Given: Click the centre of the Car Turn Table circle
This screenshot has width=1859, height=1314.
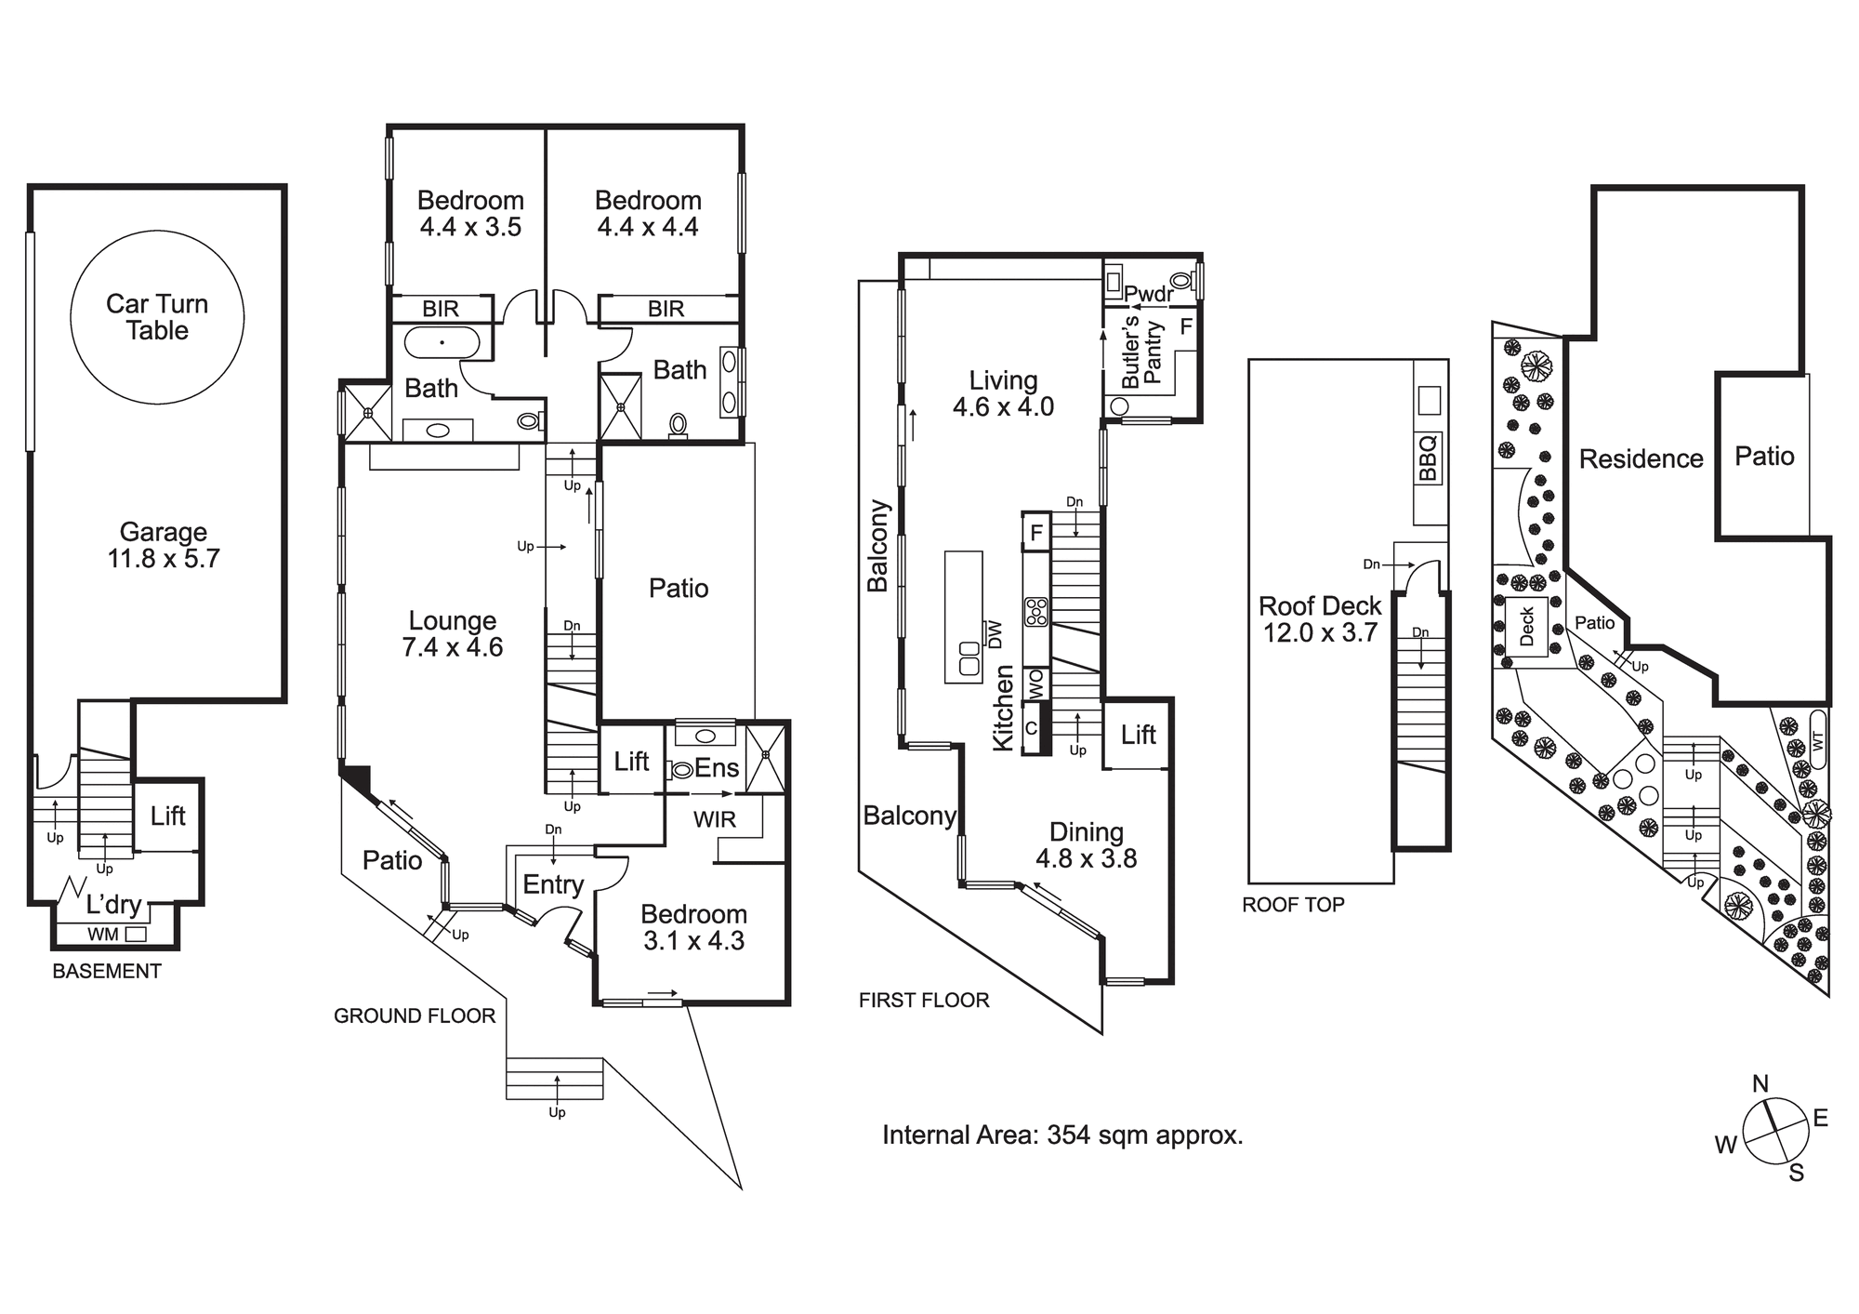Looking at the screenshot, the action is tap(157, 317).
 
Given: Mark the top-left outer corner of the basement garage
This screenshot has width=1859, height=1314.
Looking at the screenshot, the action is tap(29, 186).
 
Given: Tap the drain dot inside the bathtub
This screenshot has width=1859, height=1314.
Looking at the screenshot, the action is tap(442, 342).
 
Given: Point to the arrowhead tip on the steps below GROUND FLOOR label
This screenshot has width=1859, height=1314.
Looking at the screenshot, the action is tap(557, 1075).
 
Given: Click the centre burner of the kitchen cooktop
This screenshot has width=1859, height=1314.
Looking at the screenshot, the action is tap(1036, 612).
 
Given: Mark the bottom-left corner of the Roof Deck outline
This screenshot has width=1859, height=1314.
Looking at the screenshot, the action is tap(1248, 883).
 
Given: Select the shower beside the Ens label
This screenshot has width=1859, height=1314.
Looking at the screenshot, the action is tap(766, 758).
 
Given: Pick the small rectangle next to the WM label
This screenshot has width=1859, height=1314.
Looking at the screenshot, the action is tap(136, 935).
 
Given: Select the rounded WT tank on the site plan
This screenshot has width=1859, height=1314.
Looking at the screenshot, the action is tap(1818, 741).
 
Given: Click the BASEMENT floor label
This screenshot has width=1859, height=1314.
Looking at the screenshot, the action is tap(107, 972).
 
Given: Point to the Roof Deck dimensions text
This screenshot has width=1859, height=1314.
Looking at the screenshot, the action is tap(1320, 633).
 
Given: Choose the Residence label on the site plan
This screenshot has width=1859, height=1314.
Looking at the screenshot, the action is tap(1641, 458).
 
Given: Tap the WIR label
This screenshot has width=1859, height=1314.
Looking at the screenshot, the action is tap(715, 819).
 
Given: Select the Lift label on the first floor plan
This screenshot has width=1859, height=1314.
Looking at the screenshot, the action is tap(1138, 735).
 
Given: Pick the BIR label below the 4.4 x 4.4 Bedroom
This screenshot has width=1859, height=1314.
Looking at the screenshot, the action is tap(666, 309).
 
